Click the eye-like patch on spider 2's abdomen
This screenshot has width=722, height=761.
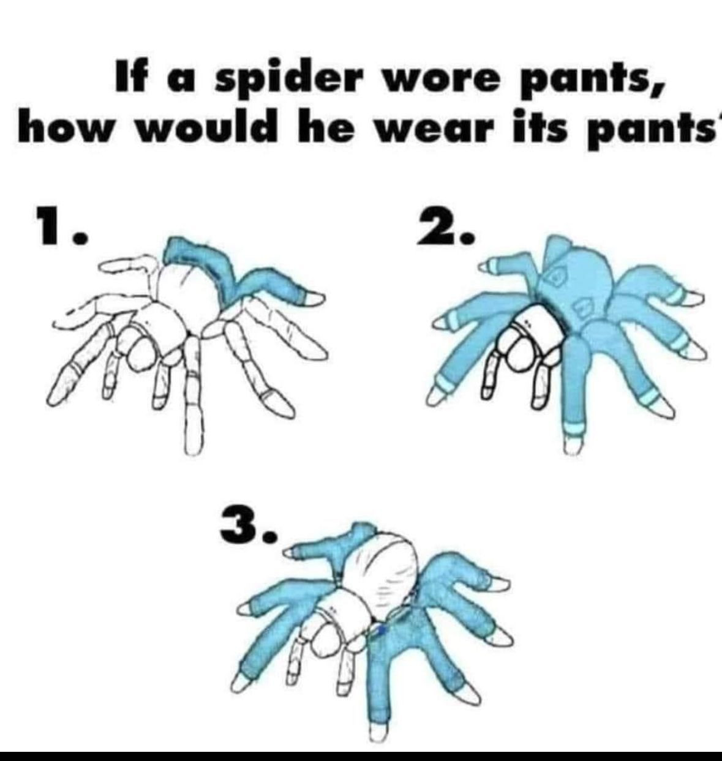(557, 277)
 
